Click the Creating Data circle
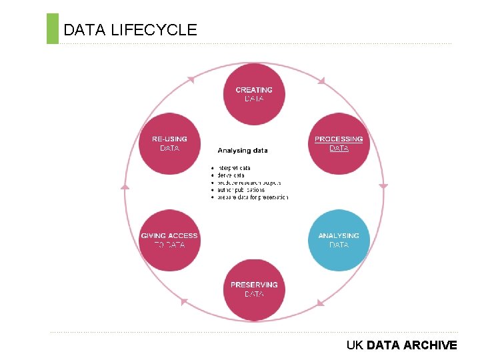tap(254, 94)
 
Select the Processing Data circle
tap(339, 143)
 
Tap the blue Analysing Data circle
tap(339, 240)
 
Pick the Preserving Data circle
tap(254, 289)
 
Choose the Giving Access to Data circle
tap(169, 240)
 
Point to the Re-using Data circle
tap(169, 143)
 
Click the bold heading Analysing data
tap(243, 151)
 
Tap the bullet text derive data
tap(231, 175)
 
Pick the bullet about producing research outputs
tap(249, 183)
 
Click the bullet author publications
tap(241, 190)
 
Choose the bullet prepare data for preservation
tap(253, 197)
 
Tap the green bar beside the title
tap(53, 29)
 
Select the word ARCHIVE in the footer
tap(430, 345)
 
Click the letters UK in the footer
tap(355, 345)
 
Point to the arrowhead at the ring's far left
tap(125, 186)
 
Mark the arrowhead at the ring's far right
tap(383, 186)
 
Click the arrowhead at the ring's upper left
tap(191, 80)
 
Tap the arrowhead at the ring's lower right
tap(320, 303)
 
